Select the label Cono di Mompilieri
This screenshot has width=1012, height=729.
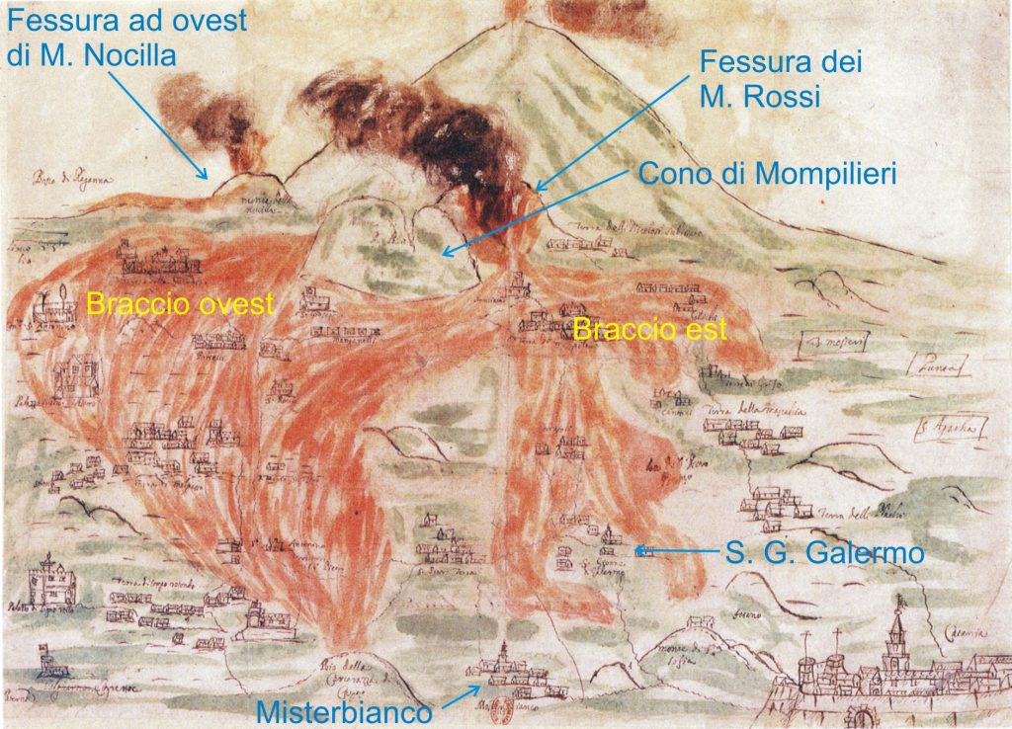[x=768, y=174]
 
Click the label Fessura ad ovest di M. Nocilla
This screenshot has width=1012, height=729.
[x=123, y=36]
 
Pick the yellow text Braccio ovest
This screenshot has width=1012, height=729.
[x=179, y=304]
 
